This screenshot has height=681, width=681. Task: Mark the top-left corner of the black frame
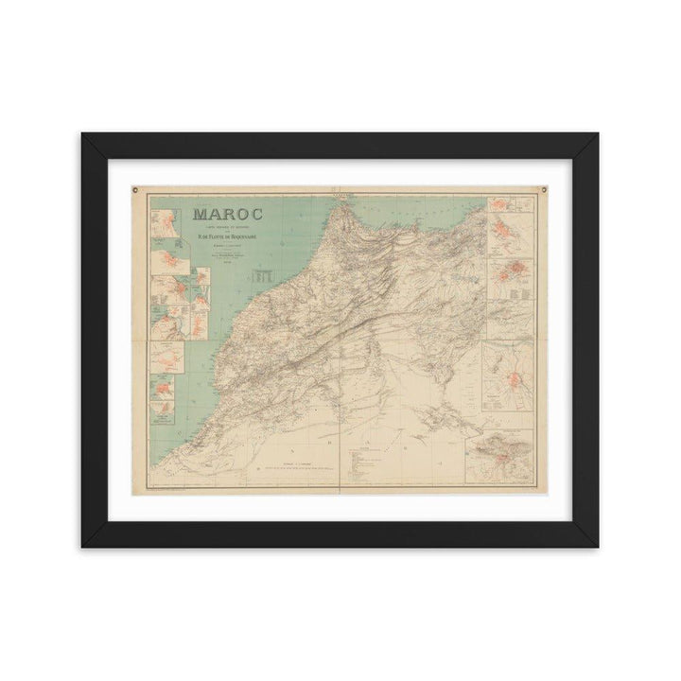81,133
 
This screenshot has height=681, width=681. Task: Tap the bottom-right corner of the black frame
599,547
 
